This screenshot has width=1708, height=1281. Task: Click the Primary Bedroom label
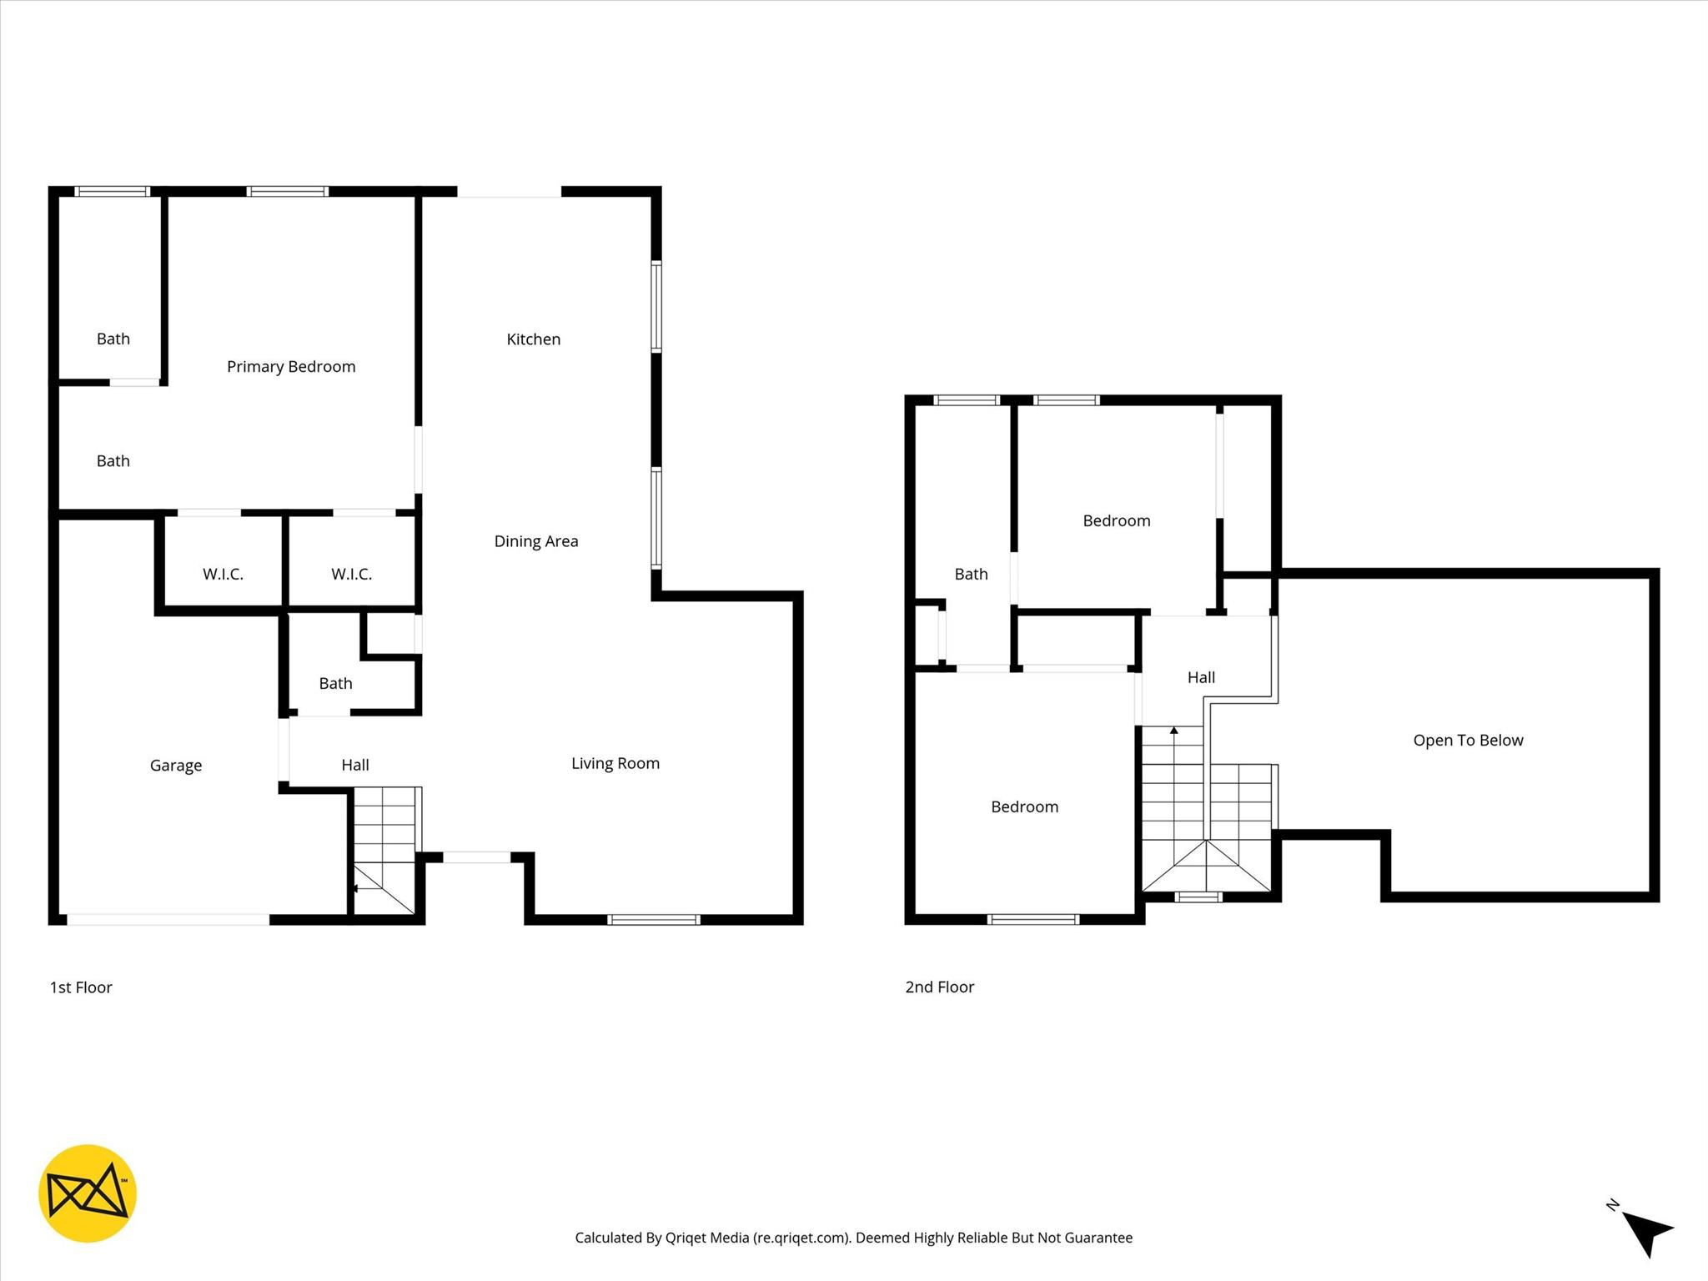291,367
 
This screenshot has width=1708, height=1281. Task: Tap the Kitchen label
533,339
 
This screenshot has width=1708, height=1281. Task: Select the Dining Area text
535,541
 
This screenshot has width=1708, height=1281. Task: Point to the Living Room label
615,763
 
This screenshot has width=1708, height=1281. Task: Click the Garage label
175,766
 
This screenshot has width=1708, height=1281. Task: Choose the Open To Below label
1468,741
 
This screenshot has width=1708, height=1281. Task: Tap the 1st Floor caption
81,987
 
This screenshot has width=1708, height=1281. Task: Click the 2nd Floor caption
939,987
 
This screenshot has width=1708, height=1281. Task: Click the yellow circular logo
88,1193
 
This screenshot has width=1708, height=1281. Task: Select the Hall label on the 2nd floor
1201,678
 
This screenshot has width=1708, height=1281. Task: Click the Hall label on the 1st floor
354,765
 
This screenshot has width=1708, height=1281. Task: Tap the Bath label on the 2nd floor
971,574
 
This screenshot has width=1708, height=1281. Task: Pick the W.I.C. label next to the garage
223,574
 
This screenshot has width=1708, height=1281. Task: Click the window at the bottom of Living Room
653,920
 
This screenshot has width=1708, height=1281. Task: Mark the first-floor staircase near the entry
384,851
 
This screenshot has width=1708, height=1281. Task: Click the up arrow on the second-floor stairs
1174,731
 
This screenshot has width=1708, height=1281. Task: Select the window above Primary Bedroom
288,192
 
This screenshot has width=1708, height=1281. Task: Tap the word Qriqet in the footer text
686,1238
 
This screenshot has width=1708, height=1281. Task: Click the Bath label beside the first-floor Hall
335,684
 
